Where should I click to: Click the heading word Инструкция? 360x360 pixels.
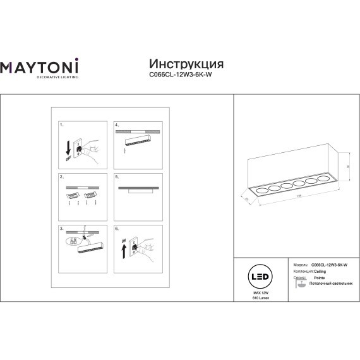click(x=185, y=64)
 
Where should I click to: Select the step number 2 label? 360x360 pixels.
click(x=61, y=177)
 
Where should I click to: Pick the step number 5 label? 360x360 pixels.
click(x=117, y=177)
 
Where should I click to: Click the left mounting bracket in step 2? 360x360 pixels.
click(x=71, y=195)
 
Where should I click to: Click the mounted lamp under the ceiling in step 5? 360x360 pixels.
click(x=136, y=193)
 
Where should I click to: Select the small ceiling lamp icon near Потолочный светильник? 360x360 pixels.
click(x=299, y=286)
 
